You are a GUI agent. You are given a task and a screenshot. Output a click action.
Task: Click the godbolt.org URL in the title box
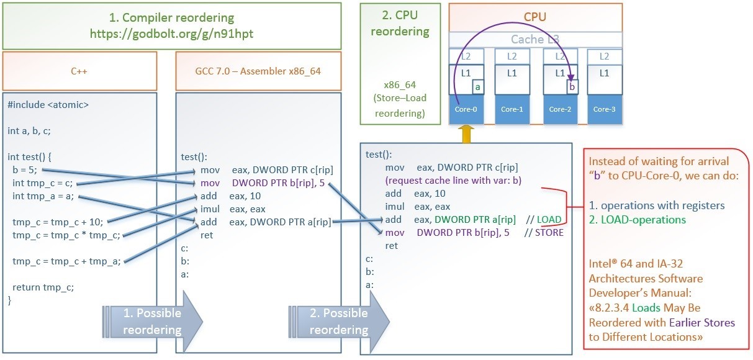[172, 34]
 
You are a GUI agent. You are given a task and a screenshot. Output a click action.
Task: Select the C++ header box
[79, 71]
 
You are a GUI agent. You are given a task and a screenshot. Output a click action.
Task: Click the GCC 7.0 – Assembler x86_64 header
[258, 71]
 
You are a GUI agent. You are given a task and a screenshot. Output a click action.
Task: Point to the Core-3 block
[603, 109]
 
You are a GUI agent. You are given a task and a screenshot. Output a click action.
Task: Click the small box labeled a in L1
[477, 88]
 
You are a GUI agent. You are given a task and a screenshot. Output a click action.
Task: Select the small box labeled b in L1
[572, 86]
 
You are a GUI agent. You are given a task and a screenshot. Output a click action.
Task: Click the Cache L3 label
[535, 39]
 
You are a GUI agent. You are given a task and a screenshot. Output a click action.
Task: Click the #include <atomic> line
[48, 105]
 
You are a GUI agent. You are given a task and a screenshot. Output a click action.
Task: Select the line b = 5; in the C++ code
[25, 169]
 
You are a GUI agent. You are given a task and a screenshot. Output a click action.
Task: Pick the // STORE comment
[544, 233]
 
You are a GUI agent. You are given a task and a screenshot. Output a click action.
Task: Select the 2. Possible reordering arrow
[338, 322]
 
